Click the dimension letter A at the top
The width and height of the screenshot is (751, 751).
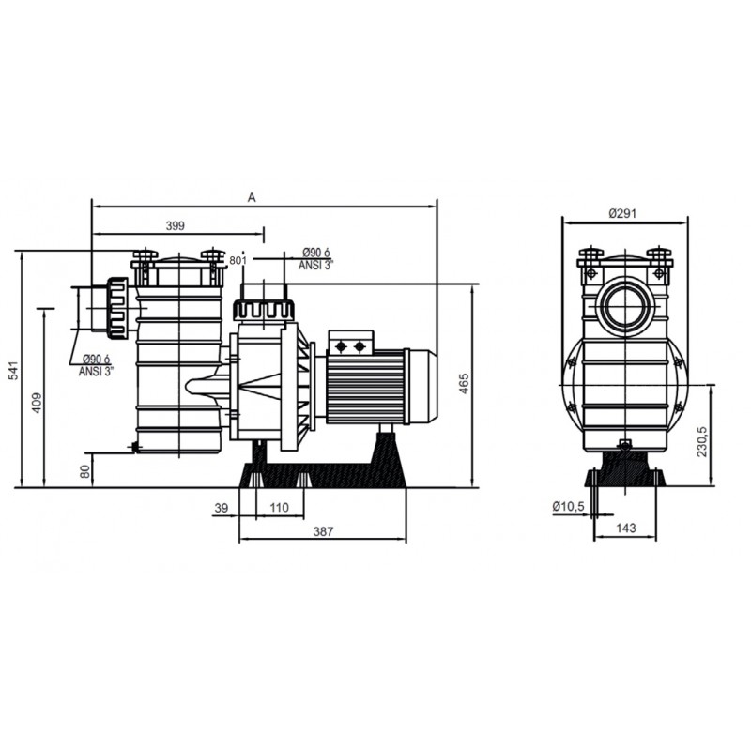[252, 197]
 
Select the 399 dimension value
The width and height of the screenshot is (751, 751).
[176, 225]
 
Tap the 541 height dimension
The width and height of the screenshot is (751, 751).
[15, 371]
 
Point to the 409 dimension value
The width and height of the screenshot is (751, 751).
[37, 403]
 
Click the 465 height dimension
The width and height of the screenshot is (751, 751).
[464, 384]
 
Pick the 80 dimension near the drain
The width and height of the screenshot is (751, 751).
[85, 471]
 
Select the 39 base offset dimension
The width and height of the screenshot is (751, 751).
[222, 508]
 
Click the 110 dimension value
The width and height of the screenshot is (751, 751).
[280, 508]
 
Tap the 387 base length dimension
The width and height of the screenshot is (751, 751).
[323, 531]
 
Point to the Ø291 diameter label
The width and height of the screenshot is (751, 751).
[622, 214]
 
